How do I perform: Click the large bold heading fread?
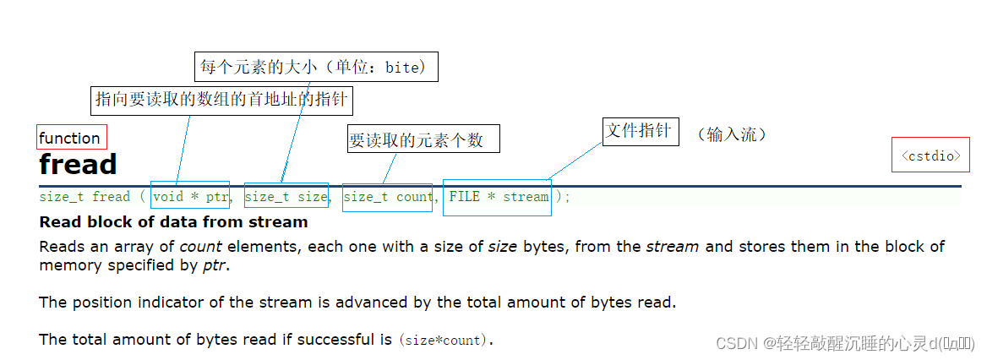(78, 164)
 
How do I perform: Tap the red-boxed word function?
(70, 138)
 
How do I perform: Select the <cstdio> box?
(930, 155)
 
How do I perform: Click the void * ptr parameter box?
(190, 196)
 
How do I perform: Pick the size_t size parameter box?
(286, 196)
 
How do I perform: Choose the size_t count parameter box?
(387, 196)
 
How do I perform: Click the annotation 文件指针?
(640, 131)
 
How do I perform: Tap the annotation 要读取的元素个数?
(423, 139)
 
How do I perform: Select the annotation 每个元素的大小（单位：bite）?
(316, 67)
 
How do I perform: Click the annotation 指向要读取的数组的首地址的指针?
(222, 100)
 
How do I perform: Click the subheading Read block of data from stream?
(173, 222)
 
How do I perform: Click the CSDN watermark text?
(844, 343)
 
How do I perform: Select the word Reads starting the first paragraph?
(60, 247)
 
